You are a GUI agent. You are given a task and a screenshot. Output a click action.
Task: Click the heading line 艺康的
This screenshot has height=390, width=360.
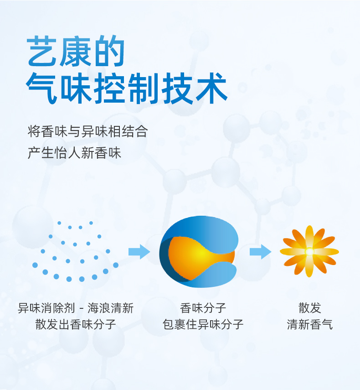[76, 51]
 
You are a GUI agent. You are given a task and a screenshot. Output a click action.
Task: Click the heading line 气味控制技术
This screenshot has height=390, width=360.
[127, 88]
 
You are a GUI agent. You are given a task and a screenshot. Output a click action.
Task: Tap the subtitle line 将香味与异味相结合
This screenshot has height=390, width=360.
[87, 131]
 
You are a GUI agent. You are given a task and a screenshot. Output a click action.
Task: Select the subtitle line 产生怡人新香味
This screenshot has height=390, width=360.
[74, 152]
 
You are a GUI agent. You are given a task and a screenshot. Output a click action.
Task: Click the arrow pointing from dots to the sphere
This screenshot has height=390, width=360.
[139, 252]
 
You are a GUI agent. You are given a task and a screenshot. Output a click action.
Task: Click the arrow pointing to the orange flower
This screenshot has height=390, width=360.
[260, 252]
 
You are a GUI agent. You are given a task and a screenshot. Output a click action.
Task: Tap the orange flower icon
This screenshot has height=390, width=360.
[309, 251]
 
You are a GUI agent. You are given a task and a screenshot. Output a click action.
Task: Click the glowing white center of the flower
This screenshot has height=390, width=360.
[309, 252]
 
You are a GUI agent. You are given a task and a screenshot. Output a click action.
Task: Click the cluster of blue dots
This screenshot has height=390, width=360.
[75, 251]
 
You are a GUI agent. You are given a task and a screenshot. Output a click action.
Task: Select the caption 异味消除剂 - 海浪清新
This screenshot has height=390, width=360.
[76, 308]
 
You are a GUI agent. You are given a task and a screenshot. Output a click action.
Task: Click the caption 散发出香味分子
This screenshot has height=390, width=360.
[76, 324]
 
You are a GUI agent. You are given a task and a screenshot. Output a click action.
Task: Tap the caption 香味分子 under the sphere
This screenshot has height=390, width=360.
[203, 308]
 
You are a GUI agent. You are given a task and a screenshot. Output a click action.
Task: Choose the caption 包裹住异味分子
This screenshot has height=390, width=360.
[203, 324]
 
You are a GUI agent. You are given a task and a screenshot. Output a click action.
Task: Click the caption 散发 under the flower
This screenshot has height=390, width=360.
[309, 308]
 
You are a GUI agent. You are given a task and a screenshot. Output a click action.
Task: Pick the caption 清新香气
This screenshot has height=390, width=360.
[309, 324]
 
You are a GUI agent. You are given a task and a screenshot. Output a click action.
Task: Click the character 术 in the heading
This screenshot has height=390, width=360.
[211, 88]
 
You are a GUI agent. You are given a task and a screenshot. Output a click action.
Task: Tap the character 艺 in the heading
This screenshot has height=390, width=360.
[42, 51]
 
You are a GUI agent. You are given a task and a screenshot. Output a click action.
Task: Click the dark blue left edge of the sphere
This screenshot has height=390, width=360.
[165, 259]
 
